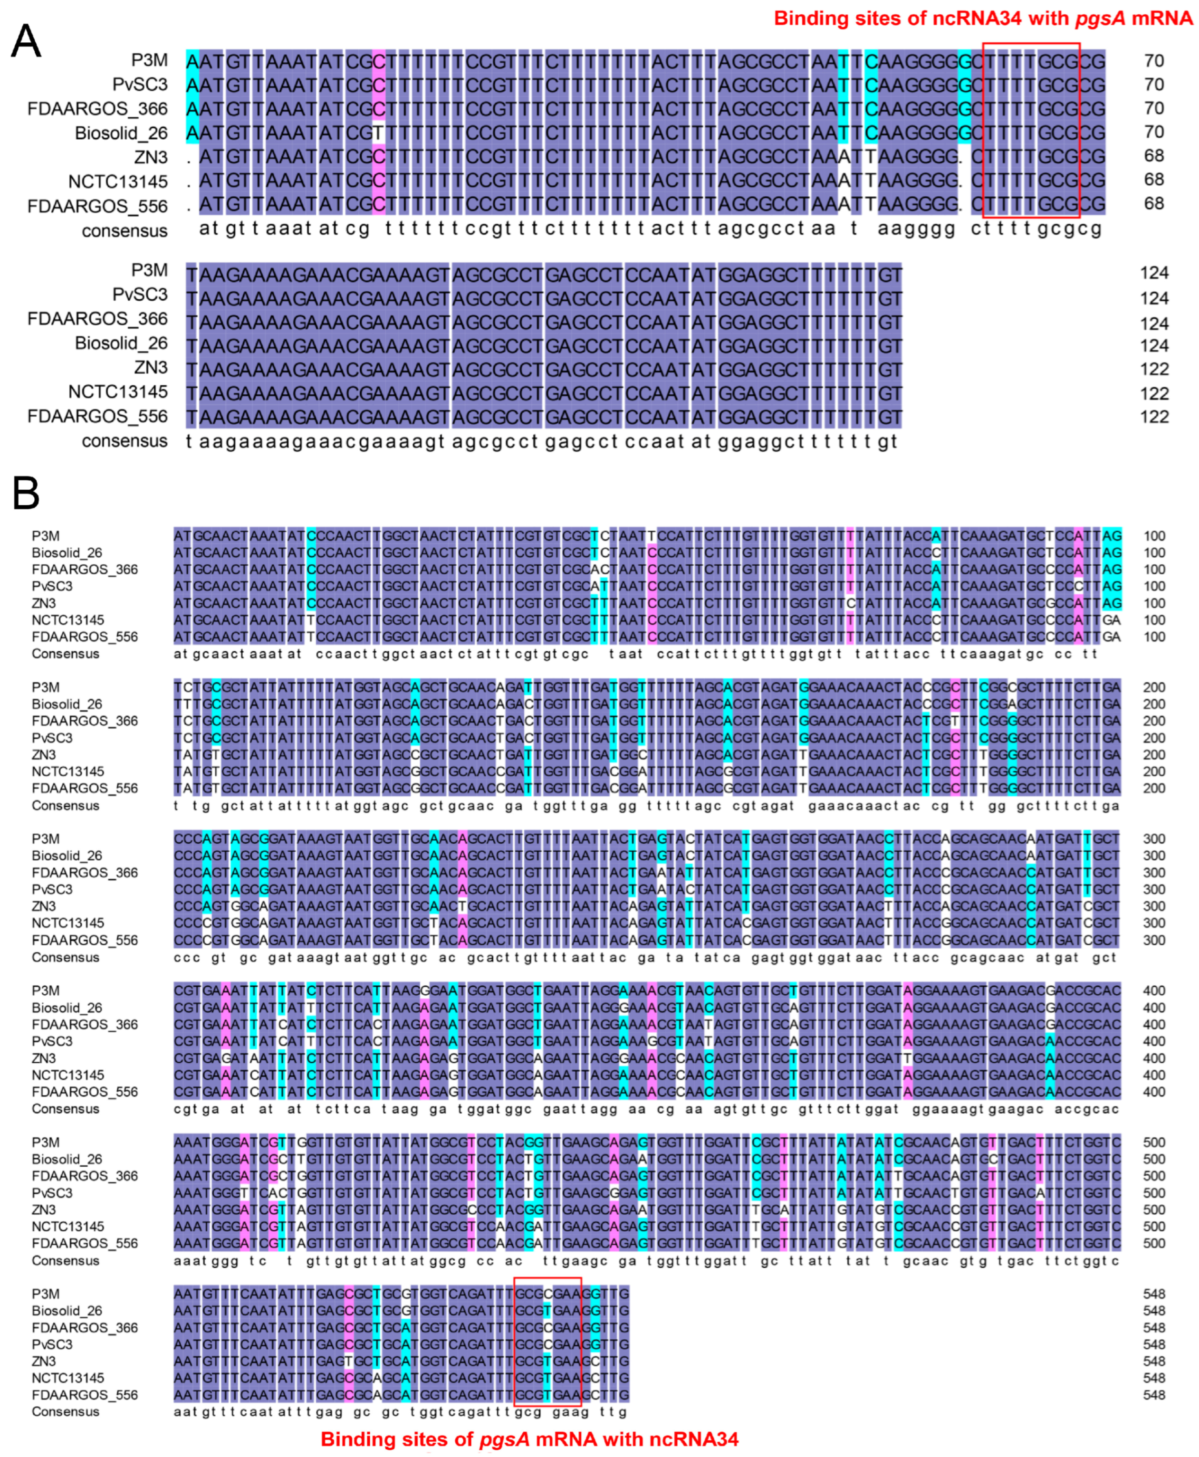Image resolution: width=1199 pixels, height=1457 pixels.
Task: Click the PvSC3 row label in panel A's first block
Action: pos(140,84)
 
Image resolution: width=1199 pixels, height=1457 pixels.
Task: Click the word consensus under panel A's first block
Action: pos(125,230)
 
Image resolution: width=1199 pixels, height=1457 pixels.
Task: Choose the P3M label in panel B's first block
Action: pos(46,536)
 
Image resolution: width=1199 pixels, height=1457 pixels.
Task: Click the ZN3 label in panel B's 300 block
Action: pos(44,906)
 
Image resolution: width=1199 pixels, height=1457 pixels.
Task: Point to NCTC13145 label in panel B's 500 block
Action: pos(67,1227)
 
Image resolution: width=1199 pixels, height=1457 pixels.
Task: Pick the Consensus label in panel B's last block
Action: pos(65,1411)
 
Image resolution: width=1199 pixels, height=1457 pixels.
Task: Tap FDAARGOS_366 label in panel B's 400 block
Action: pos(84,1024)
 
